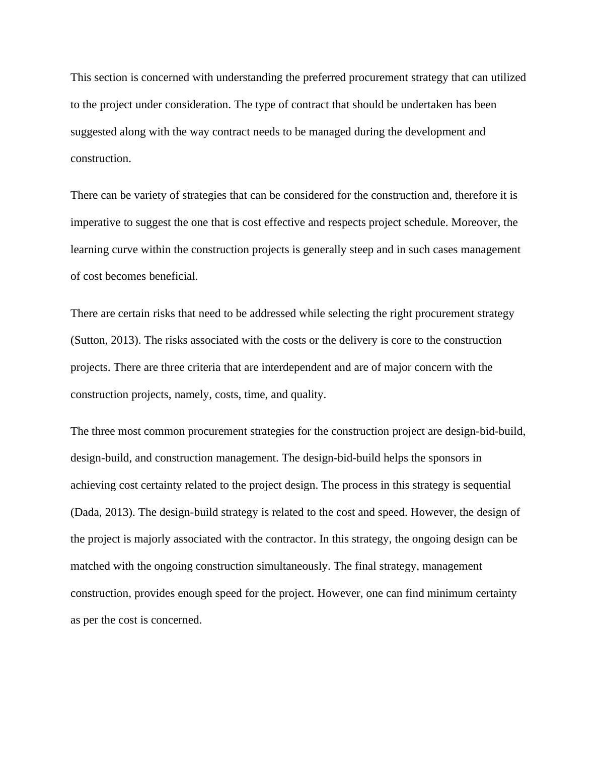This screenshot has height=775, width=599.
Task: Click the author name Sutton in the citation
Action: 90,340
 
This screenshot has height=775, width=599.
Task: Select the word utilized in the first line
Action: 507,77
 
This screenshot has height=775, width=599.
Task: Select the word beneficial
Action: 173,276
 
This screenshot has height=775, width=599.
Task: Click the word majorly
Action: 154,539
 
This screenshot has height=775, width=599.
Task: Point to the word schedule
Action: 425,222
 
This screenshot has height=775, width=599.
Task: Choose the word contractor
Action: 289,539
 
